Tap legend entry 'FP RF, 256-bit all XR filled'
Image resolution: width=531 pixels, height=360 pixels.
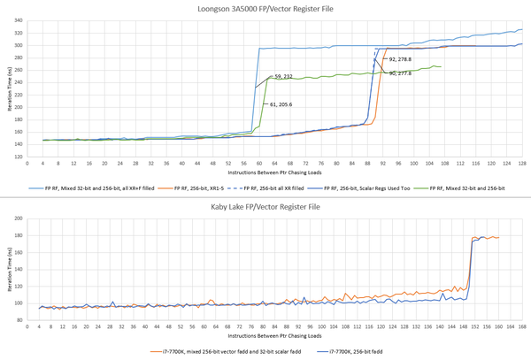pos(273,188)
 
